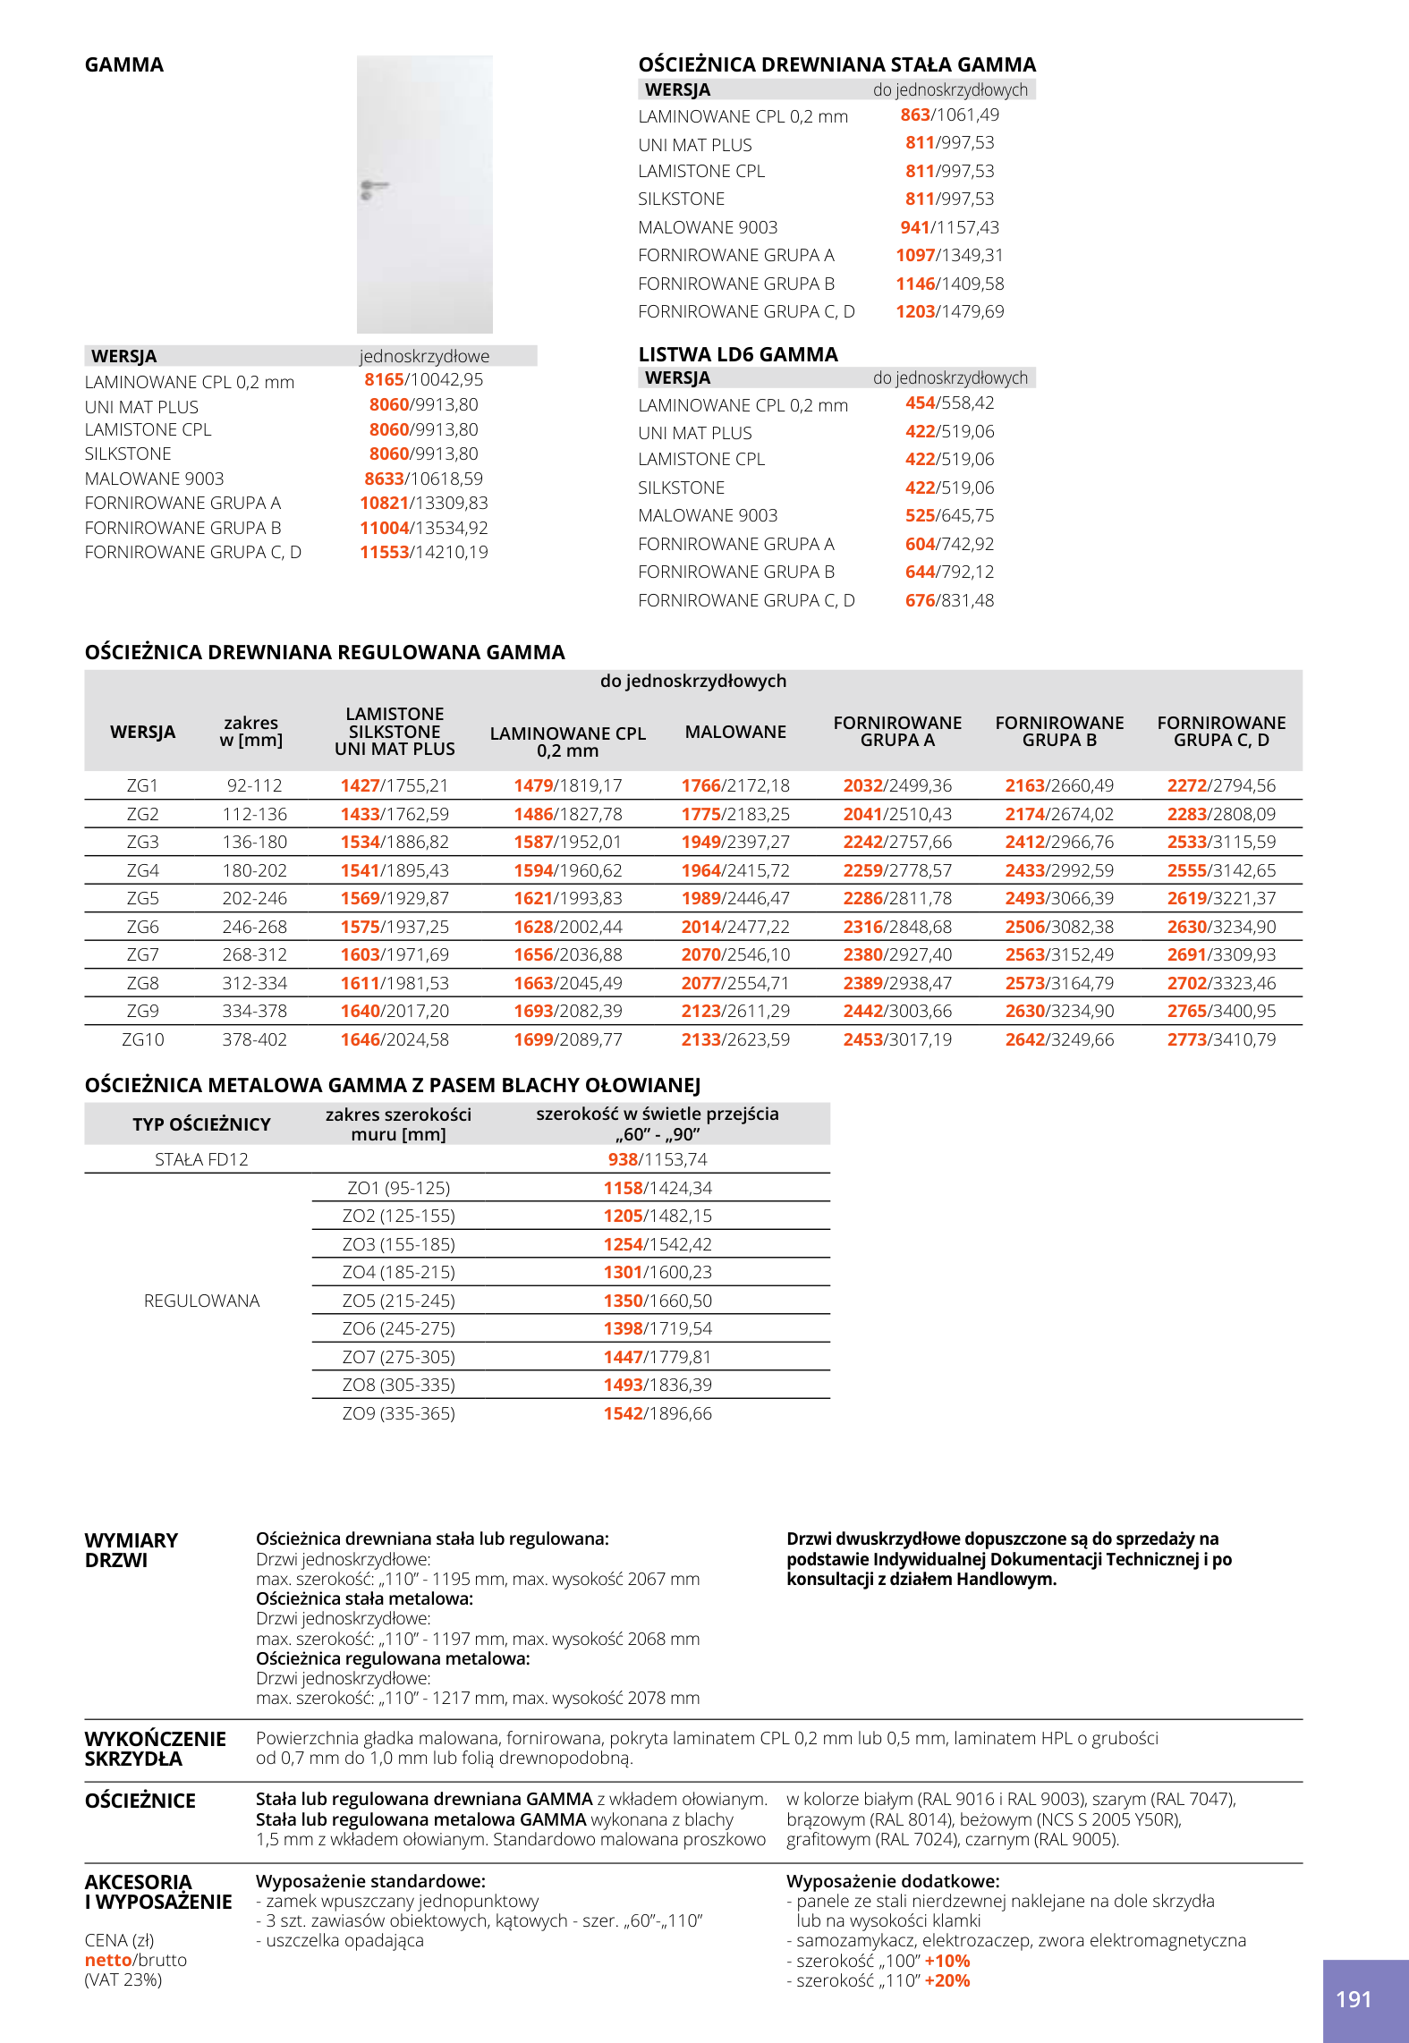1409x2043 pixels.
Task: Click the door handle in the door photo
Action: (x=373, y=188)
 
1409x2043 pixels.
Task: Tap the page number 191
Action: (x=1354, y=2000)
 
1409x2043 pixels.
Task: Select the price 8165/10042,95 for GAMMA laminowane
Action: (x=423, y=380)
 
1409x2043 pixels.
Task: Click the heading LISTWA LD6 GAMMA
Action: (x=738, y=355)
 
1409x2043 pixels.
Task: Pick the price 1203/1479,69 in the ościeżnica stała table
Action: (x=950, y=312)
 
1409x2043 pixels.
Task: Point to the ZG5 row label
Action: (x=142, y=899)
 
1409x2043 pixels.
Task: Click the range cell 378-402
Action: (x=255, y=1040)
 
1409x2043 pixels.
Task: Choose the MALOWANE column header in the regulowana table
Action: (x=735, y=733)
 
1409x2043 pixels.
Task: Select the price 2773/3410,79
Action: (x=1221, y=1040)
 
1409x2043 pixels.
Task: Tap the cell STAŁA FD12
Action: (x=201, y=1160)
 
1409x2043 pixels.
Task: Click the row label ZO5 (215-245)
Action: (x=398, y=1301)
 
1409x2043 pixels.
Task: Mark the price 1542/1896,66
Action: (x=658, y=1414)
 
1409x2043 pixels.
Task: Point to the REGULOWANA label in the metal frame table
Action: (x=201, y=1301)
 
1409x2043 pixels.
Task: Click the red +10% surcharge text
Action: (x=947, y=1962)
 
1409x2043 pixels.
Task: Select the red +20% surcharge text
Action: (x=947, y=1981)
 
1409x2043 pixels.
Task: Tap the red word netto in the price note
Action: (x=108, y=1961)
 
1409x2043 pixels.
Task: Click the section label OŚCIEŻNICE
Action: (x=140, y=1801)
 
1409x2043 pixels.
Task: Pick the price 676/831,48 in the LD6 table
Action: (x=950, y=601)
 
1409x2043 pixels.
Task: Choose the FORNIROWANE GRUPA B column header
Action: (x=1059, y=732)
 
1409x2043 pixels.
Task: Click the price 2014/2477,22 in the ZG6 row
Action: (x=735, y=928)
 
